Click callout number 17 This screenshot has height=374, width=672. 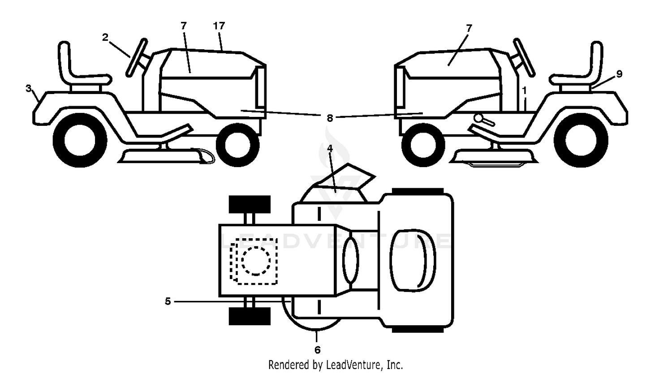pos(219,26)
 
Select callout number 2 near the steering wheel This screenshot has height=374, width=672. pos(105,38)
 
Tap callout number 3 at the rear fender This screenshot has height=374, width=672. pos(29,89)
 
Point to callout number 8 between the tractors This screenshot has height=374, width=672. pos(330,118)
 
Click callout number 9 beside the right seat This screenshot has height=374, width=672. pos(620,74)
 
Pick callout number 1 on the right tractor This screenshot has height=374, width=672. pos(525,90)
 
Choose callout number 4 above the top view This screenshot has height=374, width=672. pos(330,148)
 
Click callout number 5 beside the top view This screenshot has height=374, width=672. pos(168,301)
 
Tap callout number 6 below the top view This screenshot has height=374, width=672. pos(317,350)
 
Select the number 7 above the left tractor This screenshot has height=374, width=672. pos(184,26)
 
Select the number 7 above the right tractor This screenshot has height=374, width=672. pos(469,29)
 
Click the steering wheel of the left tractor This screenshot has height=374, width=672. pos(137,57)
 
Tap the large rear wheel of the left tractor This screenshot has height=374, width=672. pos(80,140)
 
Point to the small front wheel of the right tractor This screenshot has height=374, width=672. pos(423,145)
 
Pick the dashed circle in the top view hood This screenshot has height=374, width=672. pos(256,261)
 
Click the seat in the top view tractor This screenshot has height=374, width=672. pos(413,260)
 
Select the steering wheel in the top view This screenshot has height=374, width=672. pos(350,260)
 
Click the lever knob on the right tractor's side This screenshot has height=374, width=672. pos(479,118)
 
